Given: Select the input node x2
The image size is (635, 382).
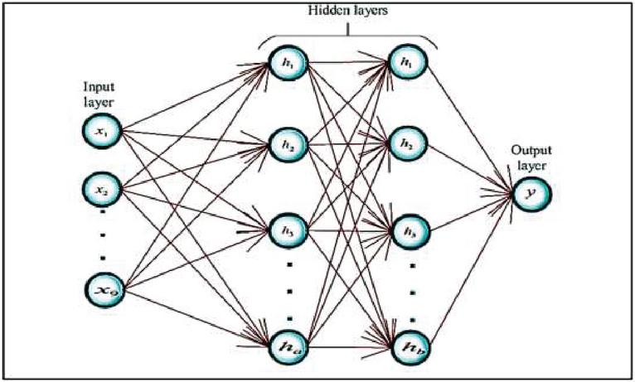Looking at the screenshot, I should [100, 189].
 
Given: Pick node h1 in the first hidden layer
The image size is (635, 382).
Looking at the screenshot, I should [288, 61].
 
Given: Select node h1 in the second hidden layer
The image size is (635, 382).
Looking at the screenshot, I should [405, 61].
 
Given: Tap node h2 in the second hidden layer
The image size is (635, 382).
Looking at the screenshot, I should [405, 144].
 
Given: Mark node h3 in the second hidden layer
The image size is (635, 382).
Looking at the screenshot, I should [405, 230].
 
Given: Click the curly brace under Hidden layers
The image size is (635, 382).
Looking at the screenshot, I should [347, 33].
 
